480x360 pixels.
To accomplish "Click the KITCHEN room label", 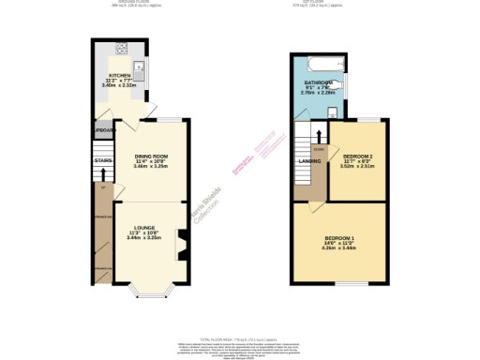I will (x=119, y=75).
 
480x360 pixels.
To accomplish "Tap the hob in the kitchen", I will (x=121, y=50).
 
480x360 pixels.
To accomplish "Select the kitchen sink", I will (x=139, y=67).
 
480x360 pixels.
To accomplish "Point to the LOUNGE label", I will (x=144, y=228).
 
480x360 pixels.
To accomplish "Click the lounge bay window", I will (x=151, y=294).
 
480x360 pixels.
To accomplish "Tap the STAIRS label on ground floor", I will (x=102, y=160).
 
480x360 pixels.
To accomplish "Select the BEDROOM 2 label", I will (x=358, y=156).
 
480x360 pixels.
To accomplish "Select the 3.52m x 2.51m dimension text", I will (x=358, y=167).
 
